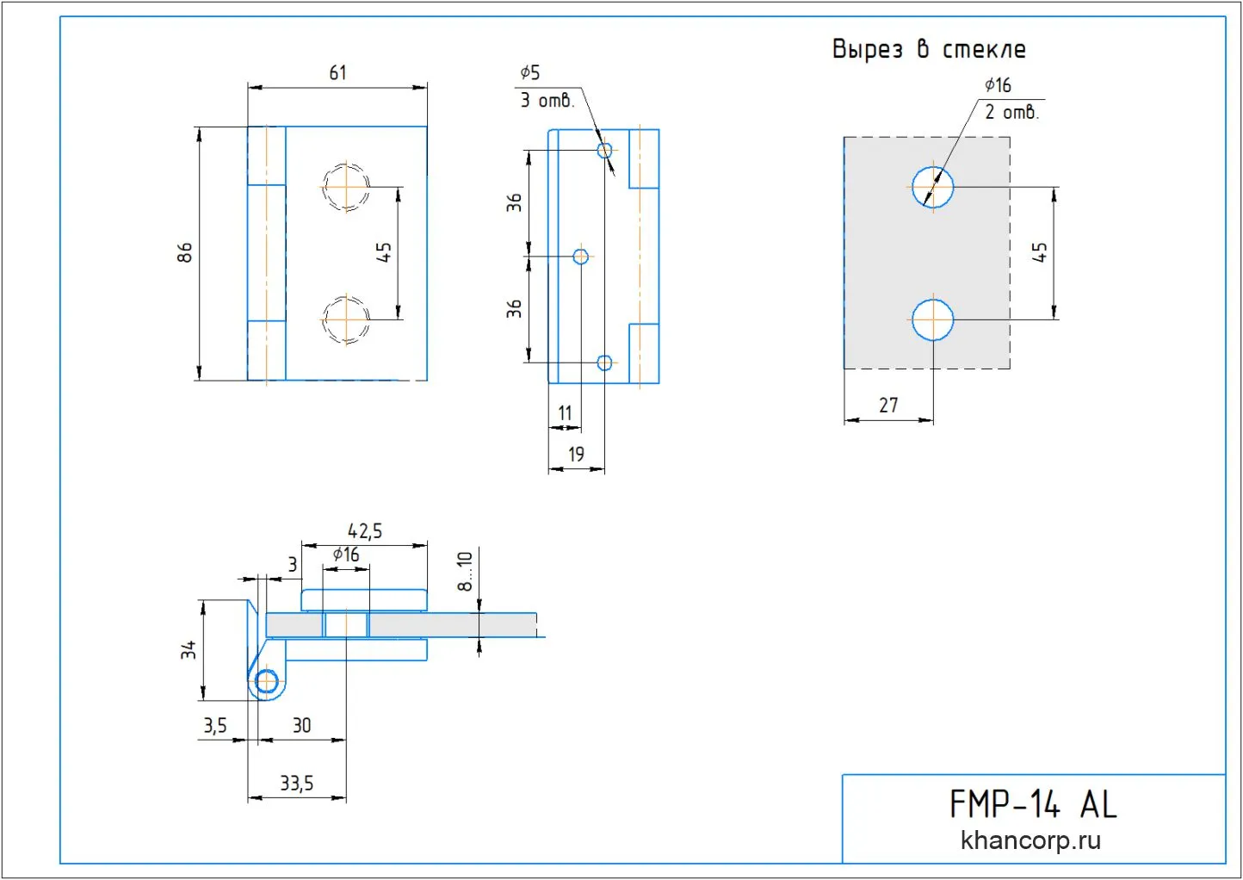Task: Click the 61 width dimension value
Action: (337, 73)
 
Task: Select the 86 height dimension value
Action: (185, 252)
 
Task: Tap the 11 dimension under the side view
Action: (565, 413)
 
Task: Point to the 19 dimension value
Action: (576, 454)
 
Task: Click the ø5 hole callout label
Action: (530, 73)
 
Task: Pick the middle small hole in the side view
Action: (581, 257)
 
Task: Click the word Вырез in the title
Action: (868, 49)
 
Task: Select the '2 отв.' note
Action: (1011, 112)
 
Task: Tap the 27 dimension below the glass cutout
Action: (888, 405)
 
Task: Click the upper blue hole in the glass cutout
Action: (933, 187)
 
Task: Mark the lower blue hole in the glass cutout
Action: (933, 319)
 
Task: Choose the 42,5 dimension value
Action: (364, 531)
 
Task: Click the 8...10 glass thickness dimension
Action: (465, 571)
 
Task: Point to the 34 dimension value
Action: (189, 649)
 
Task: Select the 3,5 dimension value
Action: (215, 726)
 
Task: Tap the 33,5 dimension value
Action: (296, 784)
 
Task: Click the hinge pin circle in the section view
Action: (267, 682)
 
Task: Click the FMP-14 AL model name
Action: (1033, 805)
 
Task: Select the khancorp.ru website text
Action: (1030, 840)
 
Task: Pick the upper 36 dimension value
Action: (514, 203)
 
